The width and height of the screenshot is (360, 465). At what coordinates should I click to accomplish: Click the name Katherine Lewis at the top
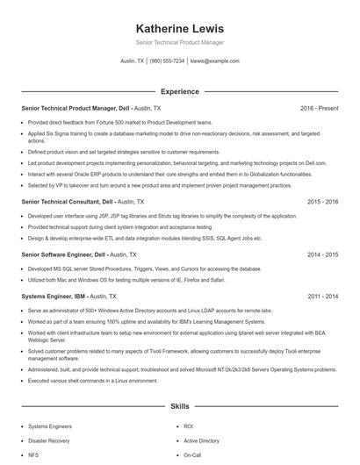click(x=179, y=29)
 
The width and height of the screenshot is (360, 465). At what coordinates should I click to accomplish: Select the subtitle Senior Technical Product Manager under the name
click(x=179, y=42)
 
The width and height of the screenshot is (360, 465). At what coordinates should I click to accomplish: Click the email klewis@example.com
click(x=214, y=61)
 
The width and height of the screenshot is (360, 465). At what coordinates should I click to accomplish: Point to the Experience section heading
click(x=179, y=91)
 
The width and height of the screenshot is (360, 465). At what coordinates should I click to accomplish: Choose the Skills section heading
click(x=179, y=407)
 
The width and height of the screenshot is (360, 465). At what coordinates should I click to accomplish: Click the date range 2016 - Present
click(x=319, y=108)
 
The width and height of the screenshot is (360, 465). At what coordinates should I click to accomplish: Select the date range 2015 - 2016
click(x=322, y=201)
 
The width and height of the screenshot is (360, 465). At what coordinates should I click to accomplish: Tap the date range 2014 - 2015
click(x=322, y=254)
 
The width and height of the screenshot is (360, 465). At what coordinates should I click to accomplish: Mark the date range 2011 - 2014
click(x=322, y=296)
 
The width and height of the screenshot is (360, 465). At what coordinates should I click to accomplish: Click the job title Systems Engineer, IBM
click(x=54, y=296)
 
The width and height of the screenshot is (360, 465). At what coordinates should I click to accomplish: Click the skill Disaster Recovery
click(x=50, y=440)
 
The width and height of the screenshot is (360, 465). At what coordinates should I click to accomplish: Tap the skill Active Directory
click(x=201, y=440)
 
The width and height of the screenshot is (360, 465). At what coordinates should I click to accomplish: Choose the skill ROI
click(x=188, y=426)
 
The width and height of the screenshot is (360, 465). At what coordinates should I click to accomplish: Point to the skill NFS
click(x=33, y=455)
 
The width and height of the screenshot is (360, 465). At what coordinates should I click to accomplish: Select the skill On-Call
click(x=192, y=455)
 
